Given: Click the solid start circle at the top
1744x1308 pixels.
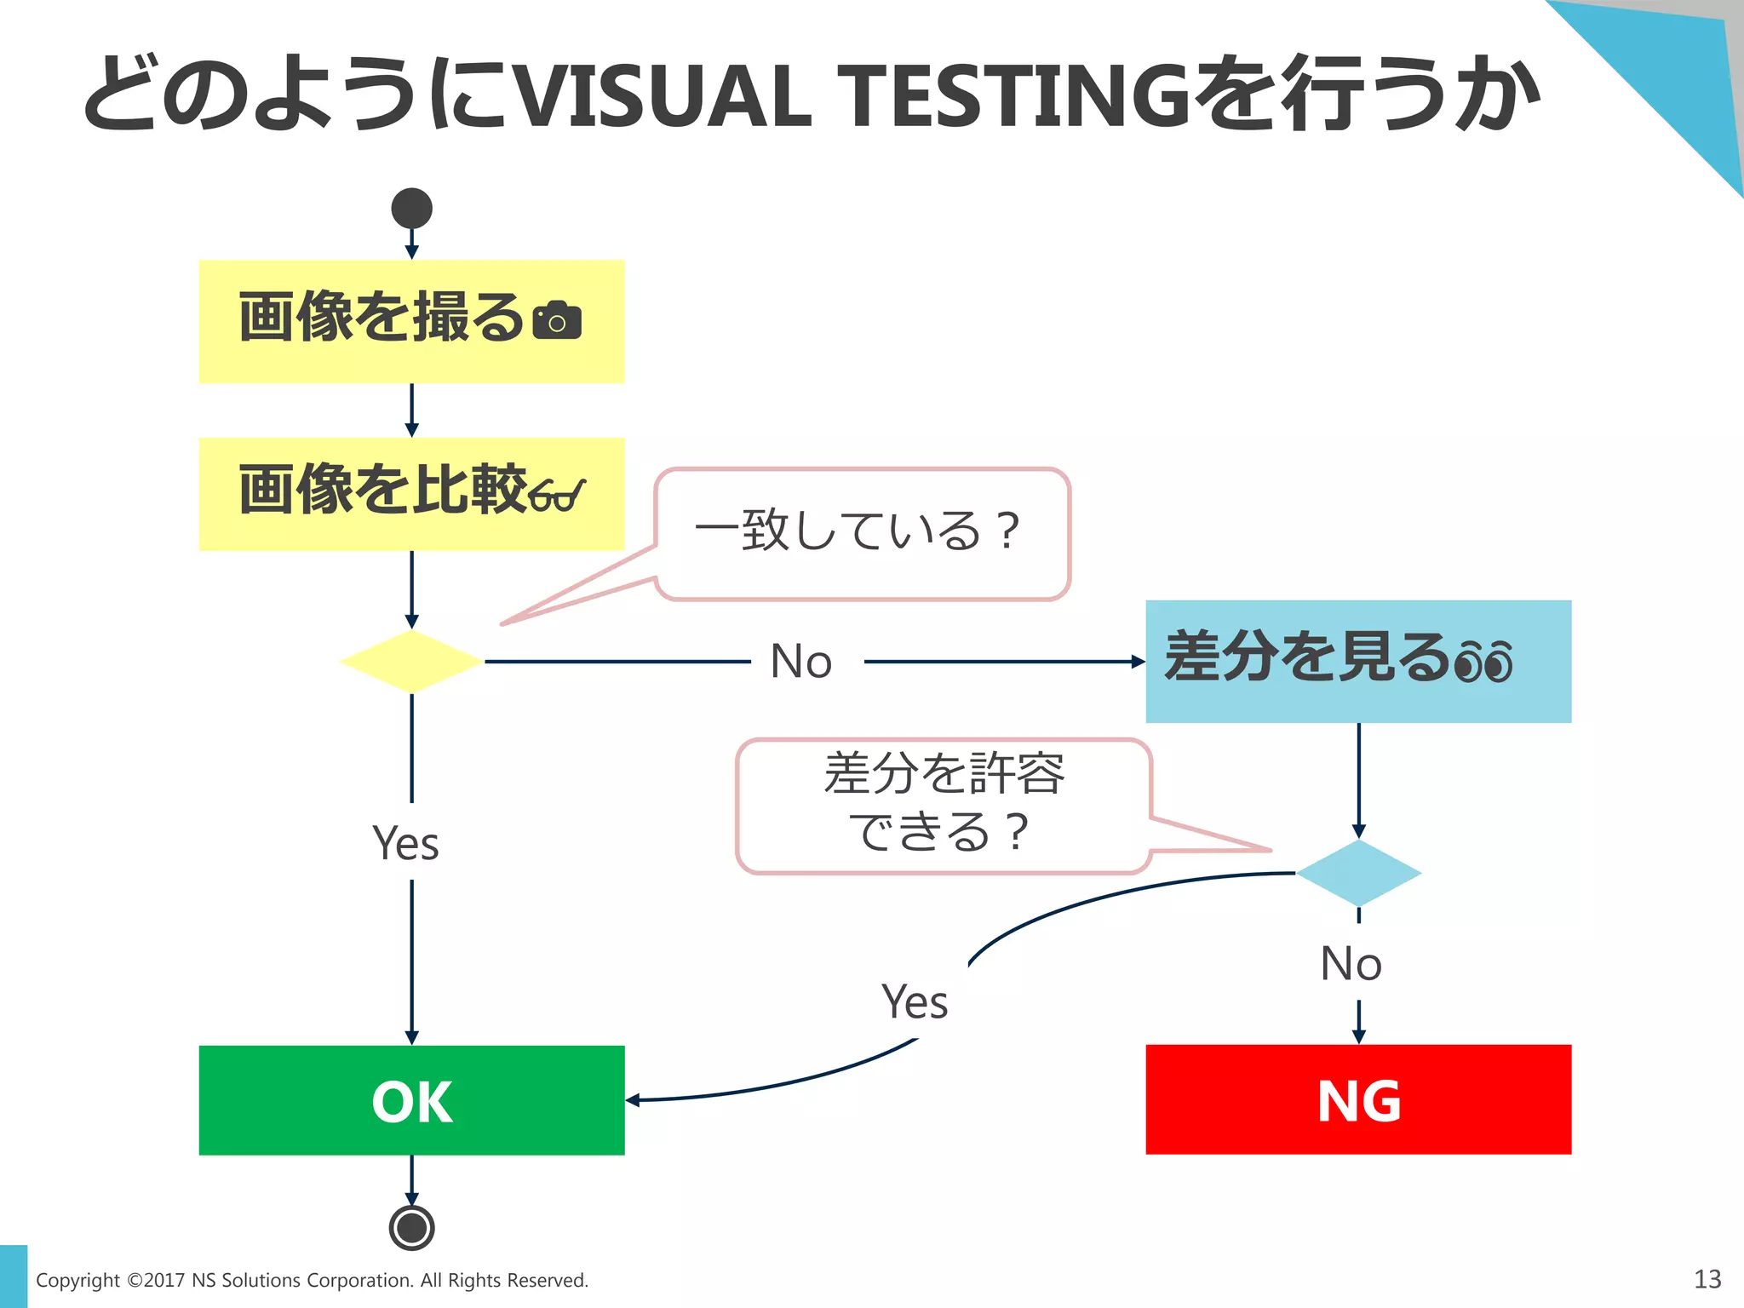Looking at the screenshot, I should pyautogui.click(x=411, y=209).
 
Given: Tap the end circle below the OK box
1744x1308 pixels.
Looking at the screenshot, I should pyautogui.click(x=411, y=1227).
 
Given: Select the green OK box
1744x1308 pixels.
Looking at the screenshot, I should pyautogui.click(x=411, y=1100).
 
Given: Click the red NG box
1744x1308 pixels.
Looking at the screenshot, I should pyautogui.click(x=1358, y=1100).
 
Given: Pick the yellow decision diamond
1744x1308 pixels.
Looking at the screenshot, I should pyautogui.click(x=411, y=662).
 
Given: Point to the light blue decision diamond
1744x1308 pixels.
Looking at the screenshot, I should pyautogui.click(x=1358, y=873).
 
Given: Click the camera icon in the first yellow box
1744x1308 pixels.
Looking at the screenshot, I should pyautogui.click(x=557, y=321).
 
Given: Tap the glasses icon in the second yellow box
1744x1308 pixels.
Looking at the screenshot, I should pyautogui.click(x=556, y=495).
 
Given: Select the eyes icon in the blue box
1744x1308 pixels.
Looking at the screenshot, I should pyautogui.click(x=1483, y=662).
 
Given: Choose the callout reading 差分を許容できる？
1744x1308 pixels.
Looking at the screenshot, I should pyautogui.click(x=944, y=805).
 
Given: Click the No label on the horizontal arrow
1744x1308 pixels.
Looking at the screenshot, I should pyautogui.click(x=800, y=662).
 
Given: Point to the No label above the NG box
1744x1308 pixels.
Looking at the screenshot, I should pyautogui.click(x=1351, y=964).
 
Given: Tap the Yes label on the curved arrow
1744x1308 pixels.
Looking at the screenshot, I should pyautogui.click(x=914, y=1002).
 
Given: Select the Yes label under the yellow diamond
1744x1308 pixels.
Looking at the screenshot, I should pyautogui.click(x=405, y=844).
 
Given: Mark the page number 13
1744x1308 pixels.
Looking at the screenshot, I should pyautogui.click(x=1707, y=1279).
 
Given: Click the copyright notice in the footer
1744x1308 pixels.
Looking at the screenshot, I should pyautogui.click(x=312, y=1280).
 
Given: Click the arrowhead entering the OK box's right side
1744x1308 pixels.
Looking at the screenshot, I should pyautogui.click(x=632, y=1100).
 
